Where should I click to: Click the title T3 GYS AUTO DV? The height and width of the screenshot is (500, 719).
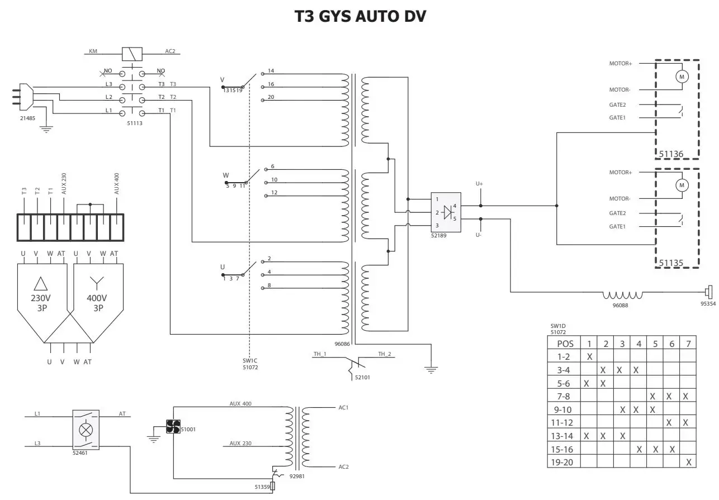(x=361, y=17)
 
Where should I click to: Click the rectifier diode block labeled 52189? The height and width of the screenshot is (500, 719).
(x=446, y=212)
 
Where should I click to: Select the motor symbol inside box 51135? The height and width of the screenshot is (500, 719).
(x=681, y=185)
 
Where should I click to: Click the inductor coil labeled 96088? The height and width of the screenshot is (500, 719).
(x=622, y=295)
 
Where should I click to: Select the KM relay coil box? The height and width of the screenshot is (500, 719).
(x=133, y=54)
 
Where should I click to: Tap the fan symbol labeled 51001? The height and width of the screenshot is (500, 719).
(x=172, y=427)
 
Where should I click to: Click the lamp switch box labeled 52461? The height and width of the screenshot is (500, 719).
(x=86, y=430)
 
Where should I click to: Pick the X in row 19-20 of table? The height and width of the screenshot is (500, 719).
(x=689, y=462)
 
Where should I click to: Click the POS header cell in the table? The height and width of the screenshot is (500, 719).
(x=565, y=344)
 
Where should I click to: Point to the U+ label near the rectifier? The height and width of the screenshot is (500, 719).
(x=479, y=183)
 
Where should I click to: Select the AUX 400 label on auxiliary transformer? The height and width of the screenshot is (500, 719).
(x=241, y=403)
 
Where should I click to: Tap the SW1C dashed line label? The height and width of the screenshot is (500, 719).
(x=249, y=364)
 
